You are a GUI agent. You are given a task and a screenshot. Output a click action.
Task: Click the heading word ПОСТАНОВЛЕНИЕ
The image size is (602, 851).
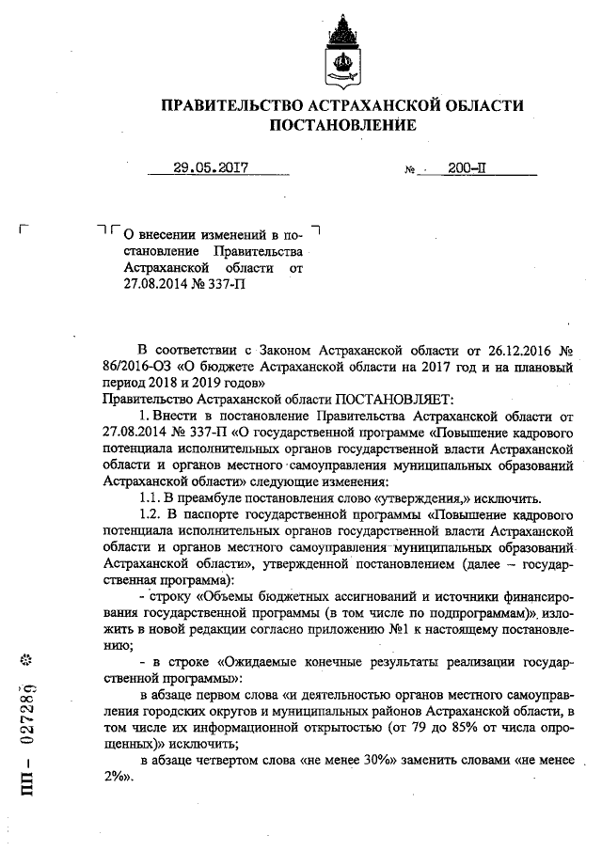pyautogui.click(x=342, y=124)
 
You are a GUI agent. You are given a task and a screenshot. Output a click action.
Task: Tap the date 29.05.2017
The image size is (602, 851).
pyautogui.click(x=211, y=169)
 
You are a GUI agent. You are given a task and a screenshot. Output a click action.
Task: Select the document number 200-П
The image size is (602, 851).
pyautogui.click(x=467, y=169)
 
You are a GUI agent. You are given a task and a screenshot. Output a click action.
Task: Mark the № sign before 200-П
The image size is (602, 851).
pyautogui.click(x=409, y=172)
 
